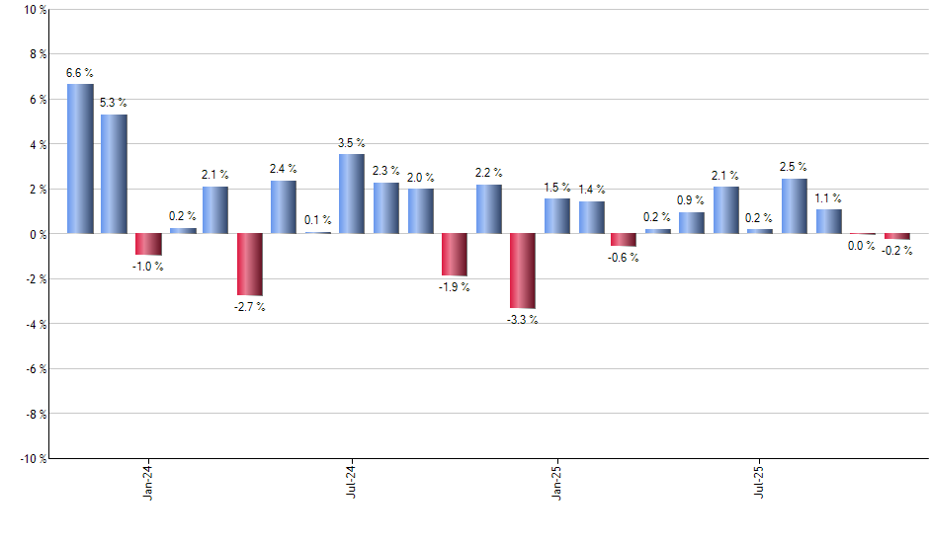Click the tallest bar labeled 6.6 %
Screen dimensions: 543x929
click(80, 159)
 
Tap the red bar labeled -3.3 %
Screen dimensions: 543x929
click(523, 271)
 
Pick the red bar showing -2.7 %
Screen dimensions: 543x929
click(250, 264)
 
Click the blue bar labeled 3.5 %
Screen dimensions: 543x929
click(352, 194)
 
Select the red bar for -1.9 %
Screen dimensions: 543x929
click(455, 255)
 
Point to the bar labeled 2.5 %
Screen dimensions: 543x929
click(795, 205)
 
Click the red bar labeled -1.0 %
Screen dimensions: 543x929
click(148, 244)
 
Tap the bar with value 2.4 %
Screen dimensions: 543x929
click(284, 206)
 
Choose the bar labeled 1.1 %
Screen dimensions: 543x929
click(829, 221)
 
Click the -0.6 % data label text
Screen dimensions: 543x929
click(624, 258)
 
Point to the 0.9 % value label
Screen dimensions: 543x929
click(692, 200)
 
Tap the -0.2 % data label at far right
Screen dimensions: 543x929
click(897, 251)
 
